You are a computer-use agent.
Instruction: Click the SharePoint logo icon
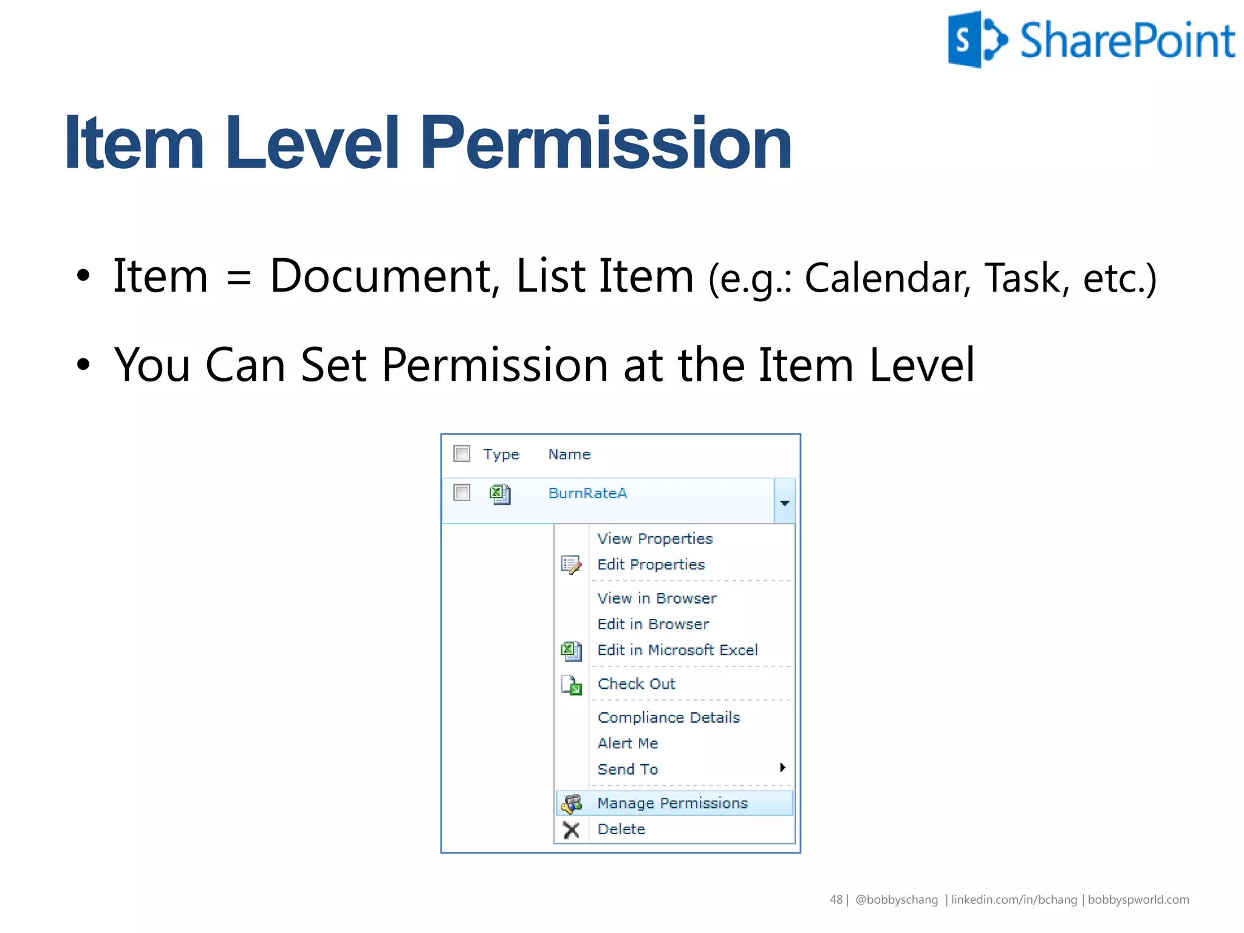pyautogui.click(x=977, y=39)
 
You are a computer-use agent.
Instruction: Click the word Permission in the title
pyautogui.click(x=606, y=143)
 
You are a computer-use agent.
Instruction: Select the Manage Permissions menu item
pyautogui.click(x=672, y=803)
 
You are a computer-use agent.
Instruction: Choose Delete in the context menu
pyautogui.click(x=621, y=829)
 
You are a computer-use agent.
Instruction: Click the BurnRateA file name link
pyautogui.click(x=587, y=493)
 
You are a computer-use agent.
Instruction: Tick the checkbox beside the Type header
pyautogui.click(x=462, y=454)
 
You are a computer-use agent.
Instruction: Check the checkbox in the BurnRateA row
pyautogui.click(x=462, y=493)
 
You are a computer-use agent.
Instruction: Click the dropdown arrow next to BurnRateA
pyautogui.click(x=784, y=502)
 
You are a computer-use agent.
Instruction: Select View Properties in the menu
pyautogui.click(x=654, y=539)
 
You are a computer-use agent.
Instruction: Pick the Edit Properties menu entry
pyautogui.click(x=651, y=565)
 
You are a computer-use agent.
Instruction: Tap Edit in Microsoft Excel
pyautogui.click(x=677, y=650)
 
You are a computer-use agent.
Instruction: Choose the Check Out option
pyautogui.click(x=636, y=684)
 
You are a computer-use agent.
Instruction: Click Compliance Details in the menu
pyautogui.click(x=668, y=717)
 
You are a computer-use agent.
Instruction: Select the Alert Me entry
pyautogui.click(x=627, y=743)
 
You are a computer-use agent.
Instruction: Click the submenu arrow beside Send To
pyautogui.click(x=782, y=768)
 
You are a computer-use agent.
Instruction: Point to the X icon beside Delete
pyautogui.click(x=571, y=830)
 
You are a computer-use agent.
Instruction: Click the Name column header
pyautogui.click(x=569, y=454)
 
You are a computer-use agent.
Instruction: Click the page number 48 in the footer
pyautogui.click(x=836, y=900)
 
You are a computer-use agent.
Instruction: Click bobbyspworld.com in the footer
pyautogui.click(x=1138, y=900)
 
